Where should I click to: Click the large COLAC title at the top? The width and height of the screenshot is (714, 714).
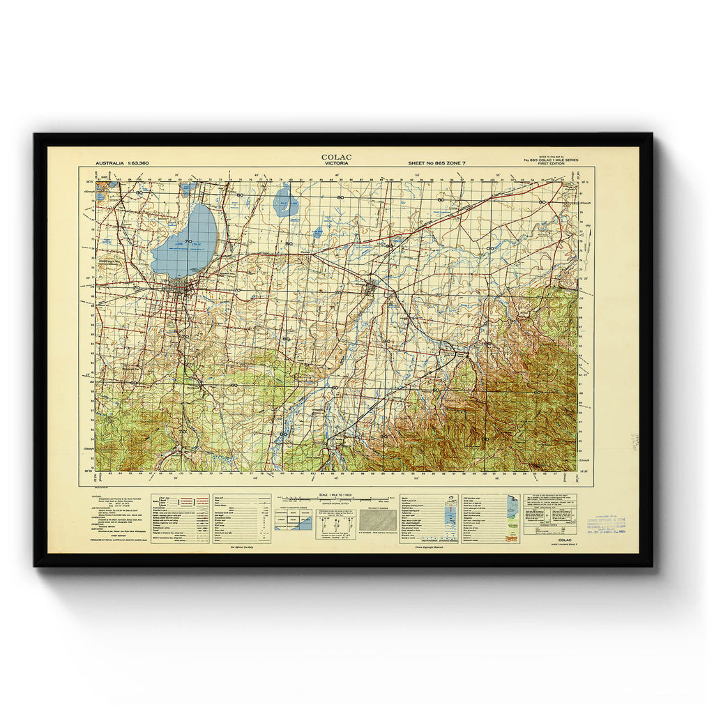(x=337, y=157)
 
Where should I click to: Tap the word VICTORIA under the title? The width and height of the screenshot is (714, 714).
(x=337, y=165)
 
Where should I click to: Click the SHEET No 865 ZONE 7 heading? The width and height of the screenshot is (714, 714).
(x=436, y=163)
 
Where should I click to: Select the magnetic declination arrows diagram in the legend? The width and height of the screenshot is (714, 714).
(x=336, y=522)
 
